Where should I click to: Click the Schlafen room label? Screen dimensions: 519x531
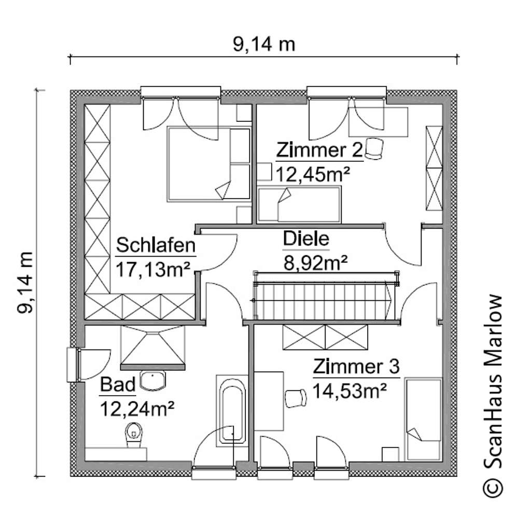tap(156, 245)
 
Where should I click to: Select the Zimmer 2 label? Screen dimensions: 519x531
tap(318, 150)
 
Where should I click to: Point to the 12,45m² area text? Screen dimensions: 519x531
tap(312, 174)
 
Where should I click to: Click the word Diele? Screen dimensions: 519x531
tap(306, 239)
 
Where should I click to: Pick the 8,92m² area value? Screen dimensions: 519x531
tap(315, 263)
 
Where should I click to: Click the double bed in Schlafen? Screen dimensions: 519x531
tap(200, 164)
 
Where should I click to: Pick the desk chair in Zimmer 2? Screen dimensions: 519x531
tap(373, 149)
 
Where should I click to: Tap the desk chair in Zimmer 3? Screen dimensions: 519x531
tap(296, 398)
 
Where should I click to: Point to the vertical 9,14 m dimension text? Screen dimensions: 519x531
tap(26, 283)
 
